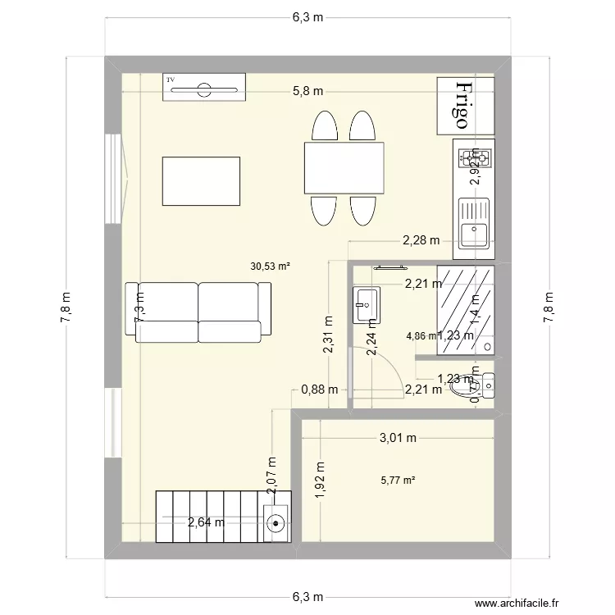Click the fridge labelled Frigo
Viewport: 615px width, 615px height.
pyautogui.click(x=465, y=106)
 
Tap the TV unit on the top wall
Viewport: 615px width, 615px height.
pyautogui.click(x=204, y=87)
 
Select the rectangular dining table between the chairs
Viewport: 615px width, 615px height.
pyautogui.click(x=344, y=168)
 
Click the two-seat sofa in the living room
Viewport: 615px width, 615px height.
pyautogui.click(x=198, y=312)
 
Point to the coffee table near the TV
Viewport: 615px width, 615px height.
pyautogui.click(x=202, y=181)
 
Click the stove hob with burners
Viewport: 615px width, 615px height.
pyautogui.click(x=474, y=157)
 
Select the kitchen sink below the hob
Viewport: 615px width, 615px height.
pyautogui.click(x=474, y=223)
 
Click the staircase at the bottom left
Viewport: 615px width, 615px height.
pyautogui.click(x=209, y=515)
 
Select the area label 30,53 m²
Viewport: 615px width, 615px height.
pyautogui.click(x=271, y=266)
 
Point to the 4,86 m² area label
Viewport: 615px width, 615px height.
pyautogui.click(x=421, y=335)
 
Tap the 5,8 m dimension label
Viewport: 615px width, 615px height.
pyautogui.click(x=307, y=91)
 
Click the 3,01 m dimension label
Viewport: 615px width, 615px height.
pyautogui.click(x=398, y=438)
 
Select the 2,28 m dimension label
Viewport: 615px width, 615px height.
pyautogui.click(x=421, y=240)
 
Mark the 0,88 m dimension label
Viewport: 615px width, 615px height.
pyautogui.click(x=319, y=390)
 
